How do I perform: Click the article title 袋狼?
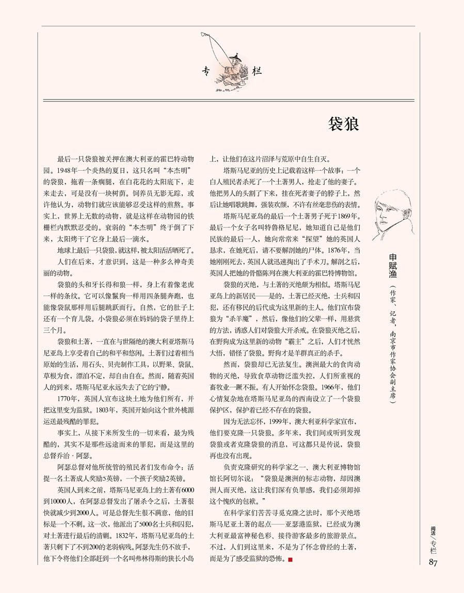[x=343, y=125]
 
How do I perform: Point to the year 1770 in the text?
[x=66, y=399]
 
